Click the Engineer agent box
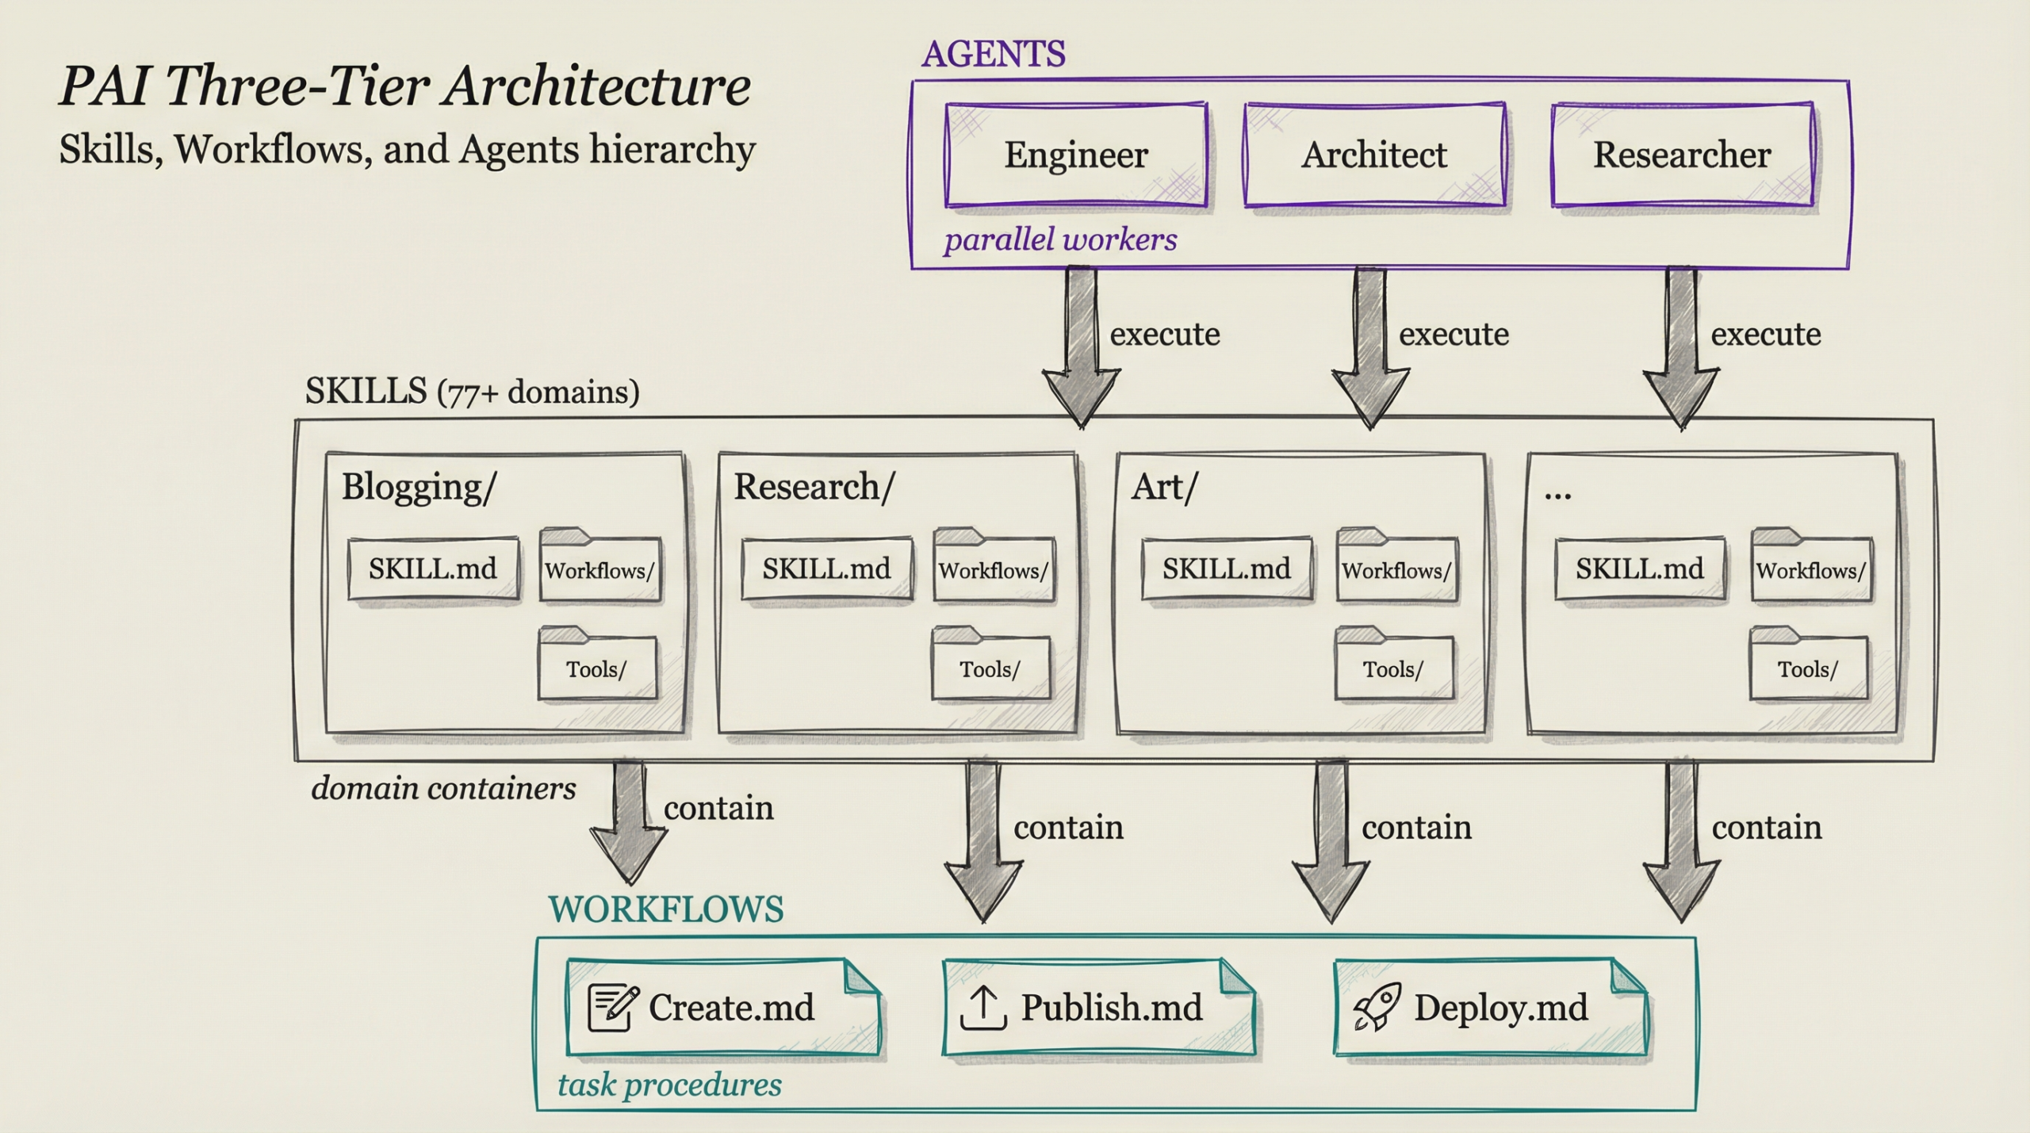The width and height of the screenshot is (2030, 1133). pyautogui.click(x=1075, y=155)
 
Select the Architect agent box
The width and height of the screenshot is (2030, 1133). pyautogui.click(x=1373, y=155)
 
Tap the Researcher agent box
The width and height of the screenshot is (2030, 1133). pyautogui.click(x=1682, y=155)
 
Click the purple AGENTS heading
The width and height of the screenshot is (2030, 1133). pyautogui.click(x=993, y=55)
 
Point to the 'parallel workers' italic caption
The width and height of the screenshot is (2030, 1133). pyautogui.click(x=1059, y=239)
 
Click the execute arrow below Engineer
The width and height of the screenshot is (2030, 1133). pyautogui.click(x=1081, y=349)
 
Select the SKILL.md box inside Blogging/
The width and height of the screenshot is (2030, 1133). pyautogui.click(x=433, y=568)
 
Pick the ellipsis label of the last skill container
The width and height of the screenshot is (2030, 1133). pyautogui.click(x=1557, y=494)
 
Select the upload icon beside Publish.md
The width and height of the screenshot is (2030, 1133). pyautogui.click(x=982, y=1008)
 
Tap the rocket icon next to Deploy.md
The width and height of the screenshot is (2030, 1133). pyautogui.click(x=1377, y=1008)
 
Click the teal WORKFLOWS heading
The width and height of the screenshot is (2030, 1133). pyautogui.click(x=665, y=909)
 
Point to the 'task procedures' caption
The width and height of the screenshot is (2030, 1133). pyautogui.click(x=669, y=1085)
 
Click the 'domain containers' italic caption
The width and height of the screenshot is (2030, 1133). pyautogui.click(x=443, y=788)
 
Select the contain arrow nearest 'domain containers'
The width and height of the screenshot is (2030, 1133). pyautogui.click(x=628, y=825)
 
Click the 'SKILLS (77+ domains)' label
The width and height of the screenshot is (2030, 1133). pyautogui.click(x=472, y=392)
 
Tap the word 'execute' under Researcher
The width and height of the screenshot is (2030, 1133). pyautogui.click(x=1765, y=334)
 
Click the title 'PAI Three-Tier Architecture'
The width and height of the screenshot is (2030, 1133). pyautogui.click(x=405, y=86)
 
